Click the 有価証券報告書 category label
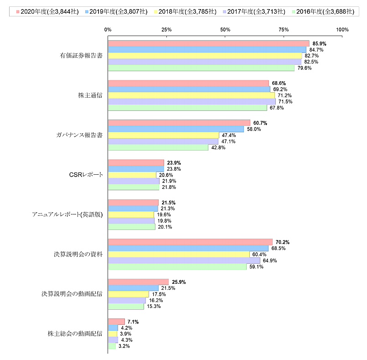pyautogui.click(x=81, y=56)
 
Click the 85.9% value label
pyautogui.click(x=320, y=44)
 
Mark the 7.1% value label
pyautogui.click(x=133, y=322)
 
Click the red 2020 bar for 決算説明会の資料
pyautogui.click(x=190, y=242)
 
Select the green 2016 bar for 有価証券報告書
pyautogui.click(x=201, y=68)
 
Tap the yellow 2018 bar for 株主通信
pyautogui.click(x=191, y=95)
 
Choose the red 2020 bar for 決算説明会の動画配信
pyautogui.click(x=138, y=282)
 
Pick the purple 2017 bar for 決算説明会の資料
pyautogui.click(x=184, y=260)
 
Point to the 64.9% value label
pyautogui.click(x=270, y=261)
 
